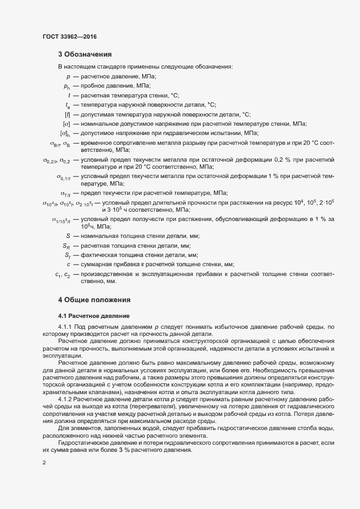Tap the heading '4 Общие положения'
[94, 300]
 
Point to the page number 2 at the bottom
[44, 464]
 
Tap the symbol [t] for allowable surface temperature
[68, 115]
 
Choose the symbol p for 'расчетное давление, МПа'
[68, 77]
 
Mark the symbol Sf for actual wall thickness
[68, 255]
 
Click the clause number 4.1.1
[68, 327]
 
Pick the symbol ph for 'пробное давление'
[67, 87]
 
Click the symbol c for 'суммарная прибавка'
[69, 265]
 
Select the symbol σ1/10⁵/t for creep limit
[61, 219]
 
